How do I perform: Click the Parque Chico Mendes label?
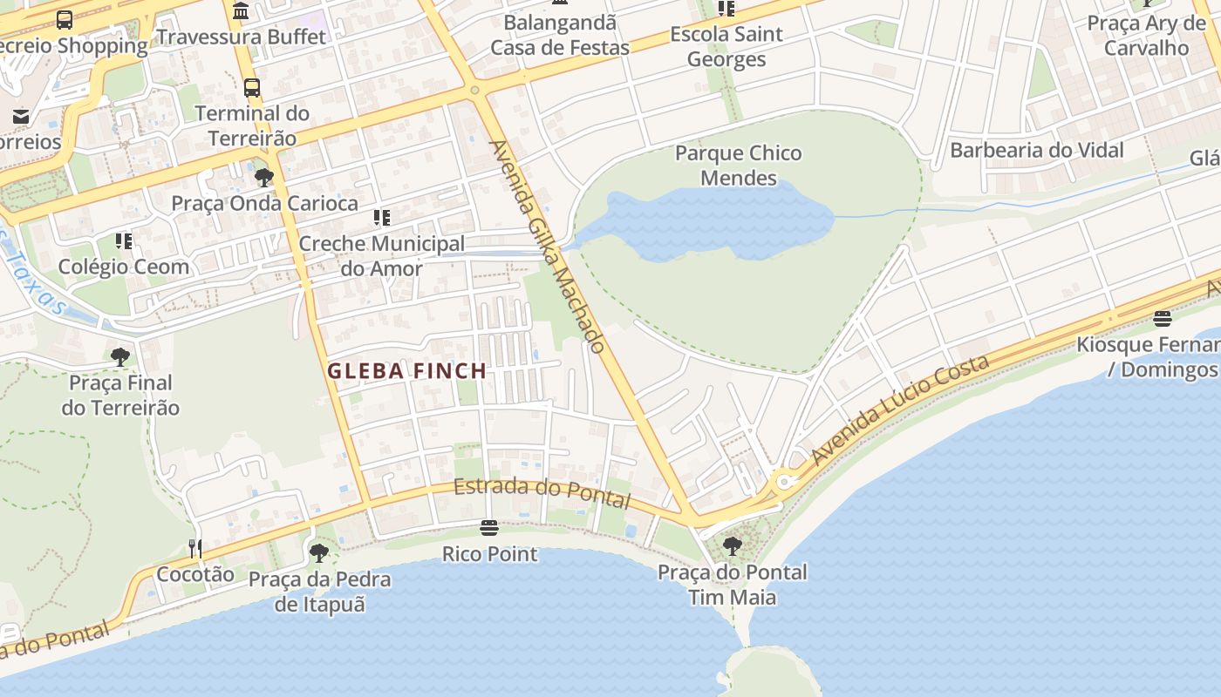738,166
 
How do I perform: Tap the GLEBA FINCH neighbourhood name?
406,371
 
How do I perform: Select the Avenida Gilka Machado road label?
548,247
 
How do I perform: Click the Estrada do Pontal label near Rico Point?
541,492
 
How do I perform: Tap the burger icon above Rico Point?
489,528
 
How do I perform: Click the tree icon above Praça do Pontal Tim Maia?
733,546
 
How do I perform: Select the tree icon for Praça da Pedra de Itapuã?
319,552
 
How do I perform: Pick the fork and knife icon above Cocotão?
195,548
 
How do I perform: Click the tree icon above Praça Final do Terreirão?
120,356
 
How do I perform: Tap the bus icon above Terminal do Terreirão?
252,88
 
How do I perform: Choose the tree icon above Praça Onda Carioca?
264,178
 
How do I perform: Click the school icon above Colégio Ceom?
124,240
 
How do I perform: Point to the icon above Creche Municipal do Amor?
381,218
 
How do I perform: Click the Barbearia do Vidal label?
1036,150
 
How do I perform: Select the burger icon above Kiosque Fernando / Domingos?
1162,318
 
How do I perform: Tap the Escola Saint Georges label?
726,47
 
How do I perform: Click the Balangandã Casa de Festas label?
559,35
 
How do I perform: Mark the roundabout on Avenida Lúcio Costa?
784,481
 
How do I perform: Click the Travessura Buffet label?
241,37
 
